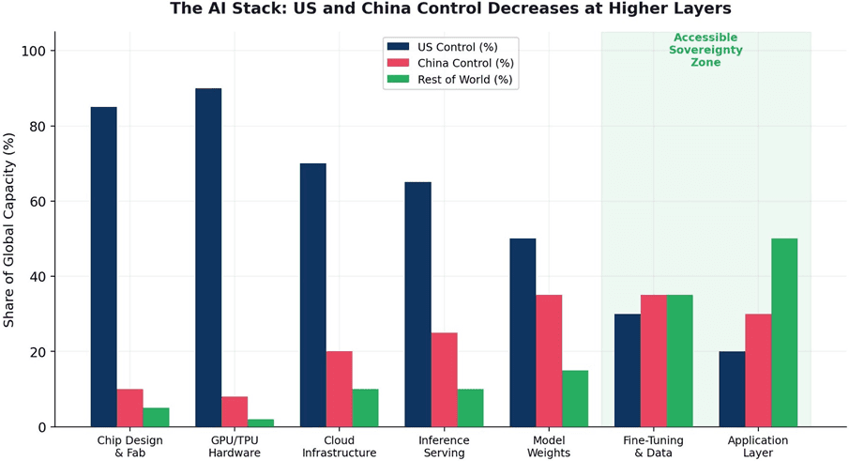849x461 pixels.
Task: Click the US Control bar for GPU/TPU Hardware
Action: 208,257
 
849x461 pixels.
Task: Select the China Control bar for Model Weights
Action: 549,361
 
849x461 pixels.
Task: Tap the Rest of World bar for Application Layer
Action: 784,332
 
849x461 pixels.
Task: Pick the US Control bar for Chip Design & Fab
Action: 104,267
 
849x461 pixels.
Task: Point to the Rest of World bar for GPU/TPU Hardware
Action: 261,423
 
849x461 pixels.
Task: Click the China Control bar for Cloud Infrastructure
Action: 340,389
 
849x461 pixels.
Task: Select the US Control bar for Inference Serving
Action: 418,304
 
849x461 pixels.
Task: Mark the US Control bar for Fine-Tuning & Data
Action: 628,371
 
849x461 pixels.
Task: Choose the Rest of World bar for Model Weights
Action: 575,399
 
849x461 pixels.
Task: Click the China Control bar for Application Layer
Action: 759,371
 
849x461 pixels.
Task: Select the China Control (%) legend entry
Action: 450,64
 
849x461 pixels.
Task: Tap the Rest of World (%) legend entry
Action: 450,80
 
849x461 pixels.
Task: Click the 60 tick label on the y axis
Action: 38,202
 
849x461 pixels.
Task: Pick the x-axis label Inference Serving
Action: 444,446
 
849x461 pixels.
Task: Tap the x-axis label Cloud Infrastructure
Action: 340,446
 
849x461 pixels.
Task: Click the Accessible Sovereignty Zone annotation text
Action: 705,50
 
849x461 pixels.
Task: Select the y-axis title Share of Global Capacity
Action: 8,230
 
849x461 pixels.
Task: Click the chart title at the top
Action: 450,8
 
